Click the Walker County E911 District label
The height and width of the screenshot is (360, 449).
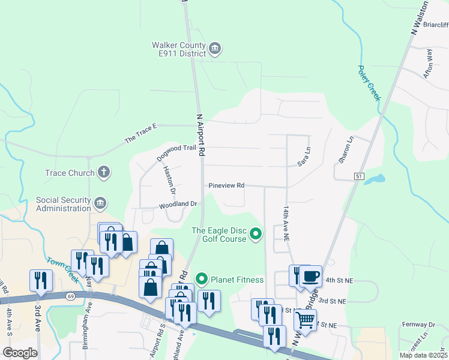click(178, 49)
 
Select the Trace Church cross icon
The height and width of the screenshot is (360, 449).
click(104, 173)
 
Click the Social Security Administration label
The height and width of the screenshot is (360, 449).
click(62, 204)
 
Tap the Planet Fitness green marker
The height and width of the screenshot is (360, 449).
click(202, 280)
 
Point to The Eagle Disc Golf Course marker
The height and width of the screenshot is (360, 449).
click(256, 234)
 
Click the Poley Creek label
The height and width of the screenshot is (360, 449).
click(369, 83)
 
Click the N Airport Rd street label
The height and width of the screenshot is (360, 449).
click(201, 134)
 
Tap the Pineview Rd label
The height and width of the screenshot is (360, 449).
click(226, 186)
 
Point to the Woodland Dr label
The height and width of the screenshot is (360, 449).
click(178, 205)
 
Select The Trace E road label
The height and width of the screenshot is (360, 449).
click(140, 133)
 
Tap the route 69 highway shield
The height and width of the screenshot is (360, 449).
click(70, 296)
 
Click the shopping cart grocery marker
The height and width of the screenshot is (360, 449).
click(306, 320)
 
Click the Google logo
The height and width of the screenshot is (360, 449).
click(20, 353)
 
